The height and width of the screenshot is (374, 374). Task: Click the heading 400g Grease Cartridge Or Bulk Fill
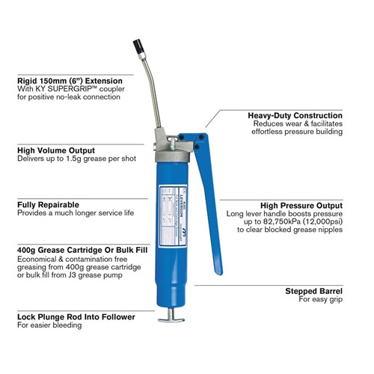(82, 248)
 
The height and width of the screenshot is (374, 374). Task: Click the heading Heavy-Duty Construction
(295, 116)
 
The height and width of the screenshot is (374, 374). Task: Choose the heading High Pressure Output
(301, 205)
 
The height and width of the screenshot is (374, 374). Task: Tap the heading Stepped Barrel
(314, 290)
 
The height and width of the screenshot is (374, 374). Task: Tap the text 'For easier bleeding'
(51, 325)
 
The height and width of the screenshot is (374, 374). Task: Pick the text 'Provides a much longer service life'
(76, 212)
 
